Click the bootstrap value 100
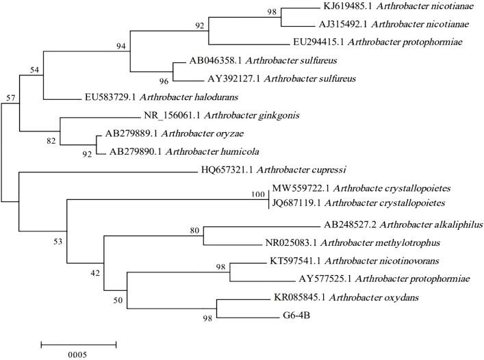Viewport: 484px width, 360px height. pos(257,194)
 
